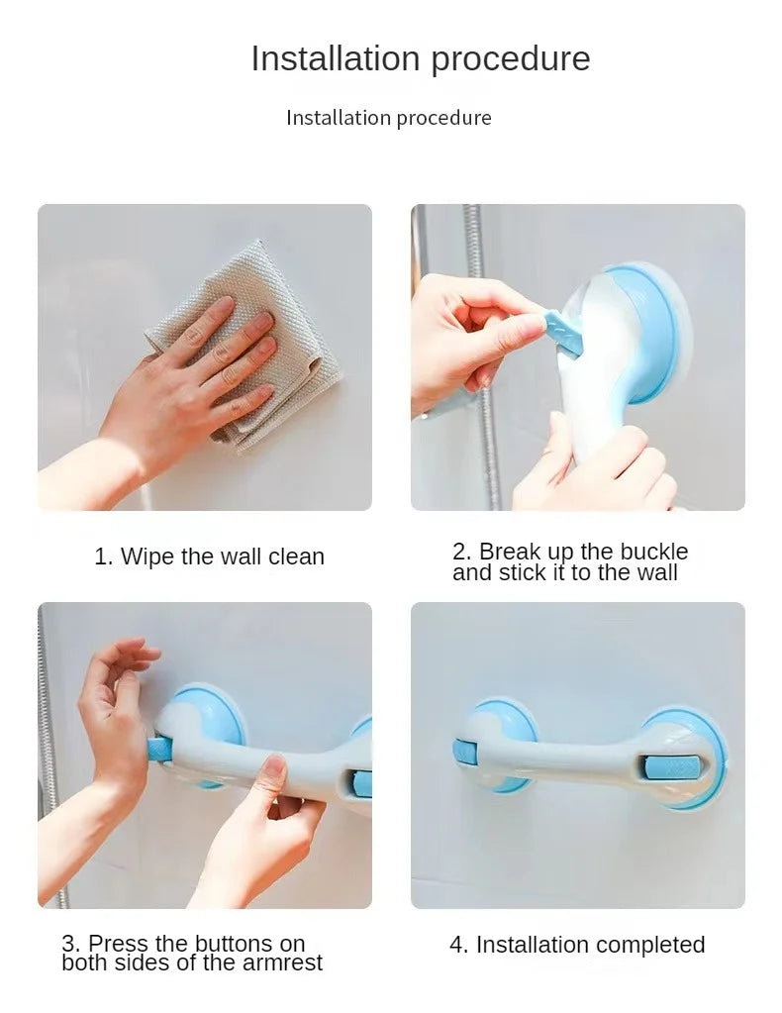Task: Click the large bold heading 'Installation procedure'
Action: (x=420, y=58)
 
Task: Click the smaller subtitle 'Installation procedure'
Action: (x=388, y=118)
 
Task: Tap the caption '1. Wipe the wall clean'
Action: (x=209, y=557)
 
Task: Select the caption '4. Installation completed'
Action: (x=577, y=945)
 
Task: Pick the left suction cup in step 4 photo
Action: (x=503, y=745)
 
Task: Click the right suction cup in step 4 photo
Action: (x=683, y=758)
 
